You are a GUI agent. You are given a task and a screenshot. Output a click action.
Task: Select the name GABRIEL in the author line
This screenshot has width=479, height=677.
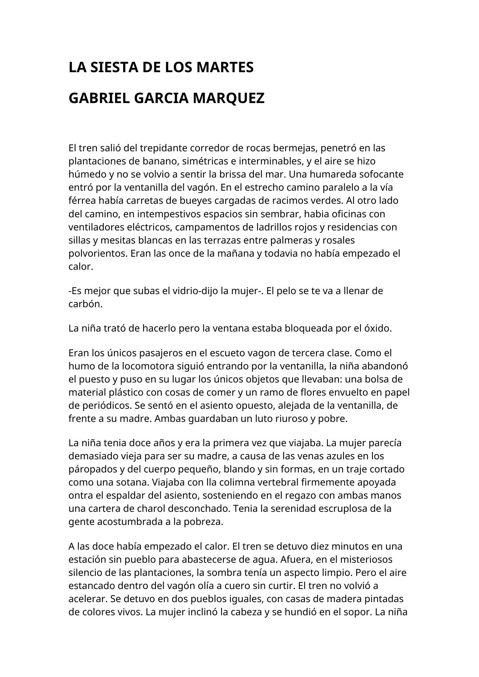[99, 98]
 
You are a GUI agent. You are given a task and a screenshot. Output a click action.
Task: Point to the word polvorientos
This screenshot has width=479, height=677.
[98, 254]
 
